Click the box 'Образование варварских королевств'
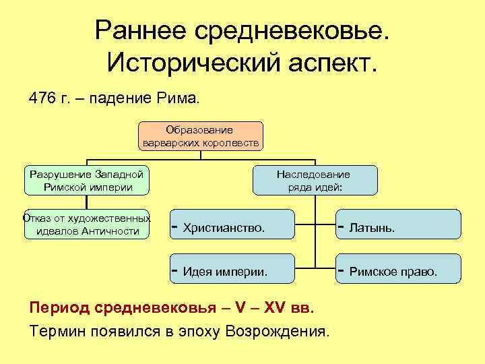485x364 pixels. click(x=201, y=136)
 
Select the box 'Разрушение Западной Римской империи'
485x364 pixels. click(x=87, y=180)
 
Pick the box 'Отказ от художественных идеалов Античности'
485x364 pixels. click(x=87, y=224)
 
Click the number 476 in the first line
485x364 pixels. click(x=41, y=98)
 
